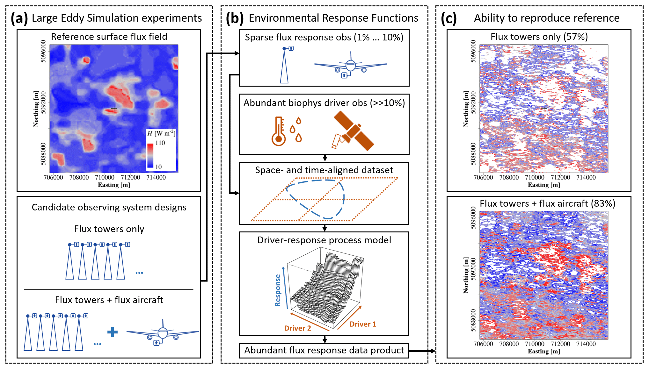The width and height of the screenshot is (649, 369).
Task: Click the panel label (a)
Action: pyautogui.click(x=19, y=18)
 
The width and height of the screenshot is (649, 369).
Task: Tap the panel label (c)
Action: pyautogui.click(x=448, y=18)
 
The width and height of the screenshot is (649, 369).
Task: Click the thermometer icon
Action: pyautogui.click(x=279, y=131)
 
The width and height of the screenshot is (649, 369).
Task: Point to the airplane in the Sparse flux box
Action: pyautogui.click(x=350, y=66)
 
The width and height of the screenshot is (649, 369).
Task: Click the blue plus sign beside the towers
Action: pyautogui.click(x=113, y=332)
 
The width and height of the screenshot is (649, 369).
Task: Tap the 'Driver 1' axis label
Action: pyautogui.click(x=363, y=324)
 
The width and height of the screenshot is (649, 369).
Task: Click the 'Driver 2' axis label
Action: pyautogui.click(x=297, y=328)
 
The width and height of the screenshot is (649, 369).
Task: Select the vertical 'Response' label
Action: pyautogui.click(x=278, y=290)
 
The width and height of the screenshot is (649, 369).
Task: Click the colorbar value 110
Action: pyautogui.click(x=160, y=143)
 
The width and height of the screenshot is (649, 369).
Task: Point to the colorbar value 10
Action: pyautogui.click(x=158, y=167)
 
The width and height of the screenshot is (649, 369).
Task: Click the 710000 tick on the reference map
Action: pyautogui.click(x=105, y=177)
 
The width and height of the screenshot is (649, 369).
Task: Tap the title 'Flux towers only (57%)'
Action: pyautogui.click(x=539, y=37)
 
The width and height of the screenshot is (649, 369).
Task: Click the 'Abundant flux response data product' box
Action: pyautogui.click(x=324, y=351)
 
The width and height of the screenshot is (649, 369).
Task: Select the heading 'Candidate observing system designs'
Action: pyautogui.click(x=109, y=207)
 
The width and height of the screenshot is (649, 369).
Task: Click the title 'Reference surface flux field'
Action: pyautogui.click(x=109, y=37)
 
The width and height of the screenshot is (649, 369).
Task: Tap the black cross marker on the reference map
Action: pyautogui.click(x=114, y=109)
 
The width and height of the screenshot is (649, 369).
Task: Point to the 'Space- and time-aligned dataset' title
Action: pyautogui.click(x=324, y=170)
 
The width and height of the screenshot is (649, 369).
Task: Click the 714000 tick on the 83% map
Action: pyautogui.click(x=586, y=344)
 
